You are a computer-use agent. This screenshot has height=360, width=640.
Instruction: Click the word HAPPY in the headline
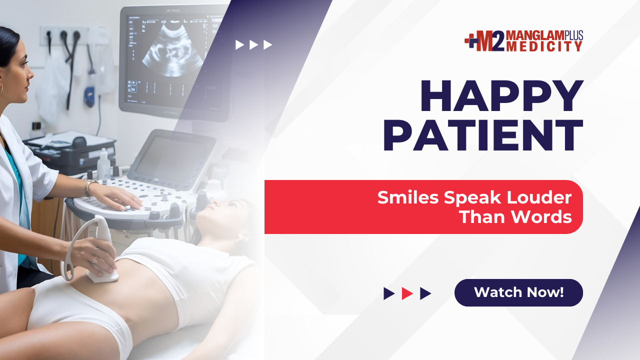[501, 96]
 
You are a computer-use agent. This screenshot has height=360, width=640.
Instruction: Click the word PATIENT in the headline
[483, 135]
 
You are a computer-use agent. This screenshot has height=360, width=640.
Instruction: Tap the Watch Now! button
[518, 292]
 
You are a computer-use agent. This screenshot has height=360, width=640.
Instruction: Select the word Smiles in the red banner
[408, 197]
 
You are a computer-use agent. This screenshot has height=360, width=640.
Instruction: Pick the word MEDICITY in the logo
[544, 46]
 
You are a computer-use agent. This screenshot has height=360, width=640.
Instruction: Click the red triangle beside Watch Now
[407, 293]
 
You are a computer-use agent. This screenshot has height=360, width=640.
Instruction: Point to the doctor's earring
[1, 88]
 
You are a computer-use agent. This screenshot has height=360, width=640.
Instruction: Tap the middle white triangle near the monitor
[253, 45]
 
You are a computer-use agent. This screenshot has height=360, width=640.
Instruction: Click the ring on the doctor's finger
[95, 260]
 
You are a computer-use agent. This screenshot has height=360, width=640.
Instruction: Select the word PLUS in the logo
[573, 35]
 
